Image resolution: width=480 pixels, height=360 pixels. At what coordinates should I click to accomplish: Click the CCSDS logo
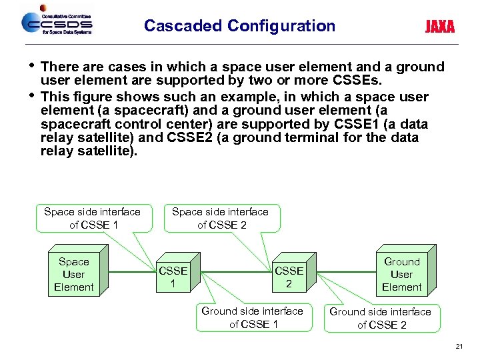coord(57,23)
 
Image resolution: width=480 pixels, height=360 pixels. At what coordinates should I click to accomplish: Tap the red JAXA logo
coord(440,27)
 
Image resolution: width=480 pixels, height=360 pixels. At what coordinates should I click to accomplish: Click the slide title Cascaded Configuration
coord(239,26)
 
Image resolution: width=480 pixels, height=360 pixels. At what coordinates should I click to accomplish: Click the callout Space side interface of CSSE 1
coord(92,218)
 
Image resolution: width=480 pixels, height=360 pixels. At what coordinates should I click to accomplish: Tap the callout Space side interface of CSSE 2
coord(220,218)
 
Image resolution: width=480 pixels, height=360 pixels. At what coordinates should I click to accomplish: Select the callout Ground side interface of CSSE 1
coord(252,317)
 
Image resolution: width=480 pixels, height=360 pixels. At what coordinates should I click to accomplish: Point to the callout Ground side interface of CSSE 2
coord(380,318)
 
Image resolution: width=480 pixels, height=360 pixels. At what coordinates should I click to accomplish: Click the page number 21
coord(459,347)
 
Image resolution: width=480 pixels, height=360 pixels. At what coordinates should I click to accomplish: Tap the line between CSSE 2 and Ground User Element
coord(340,272)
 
